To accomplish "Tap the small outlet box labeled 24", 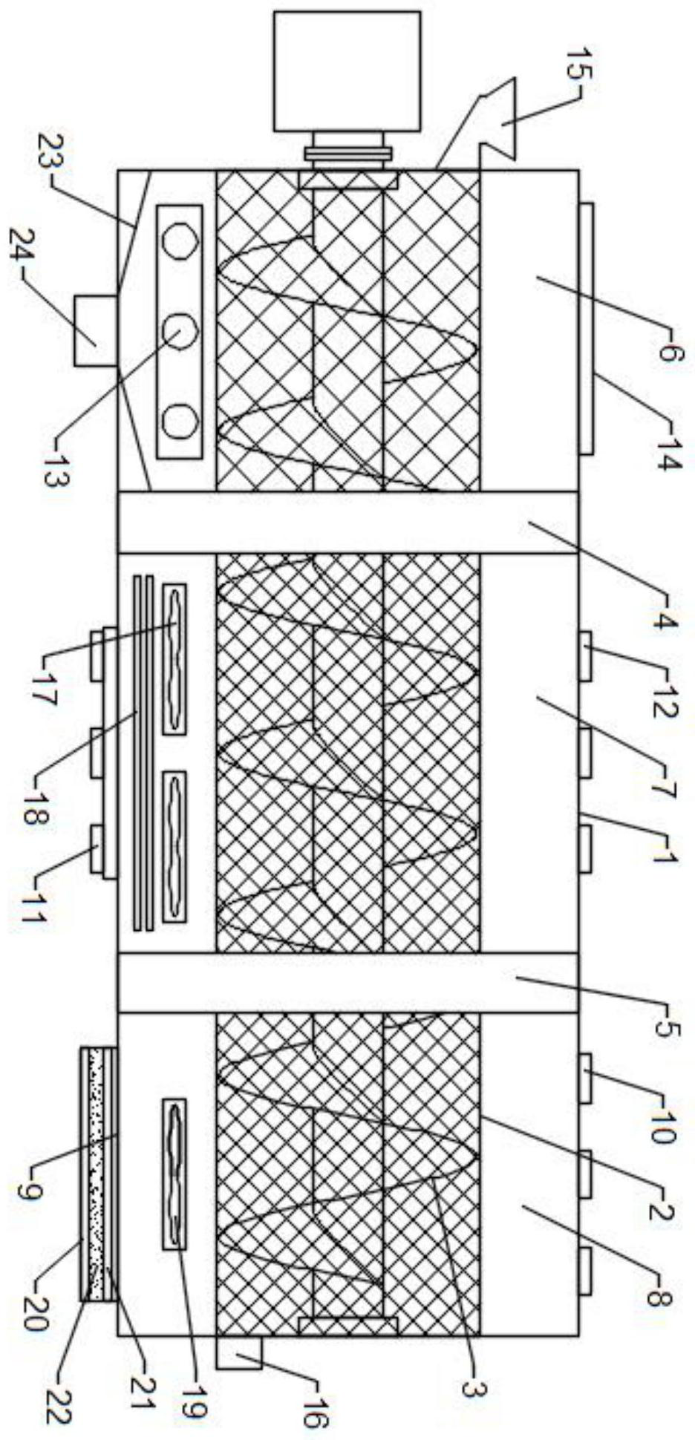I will [96, 330].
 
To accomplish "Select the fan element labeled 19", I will [174, 1174].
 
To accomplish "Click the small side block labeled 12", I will [585, 656].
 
